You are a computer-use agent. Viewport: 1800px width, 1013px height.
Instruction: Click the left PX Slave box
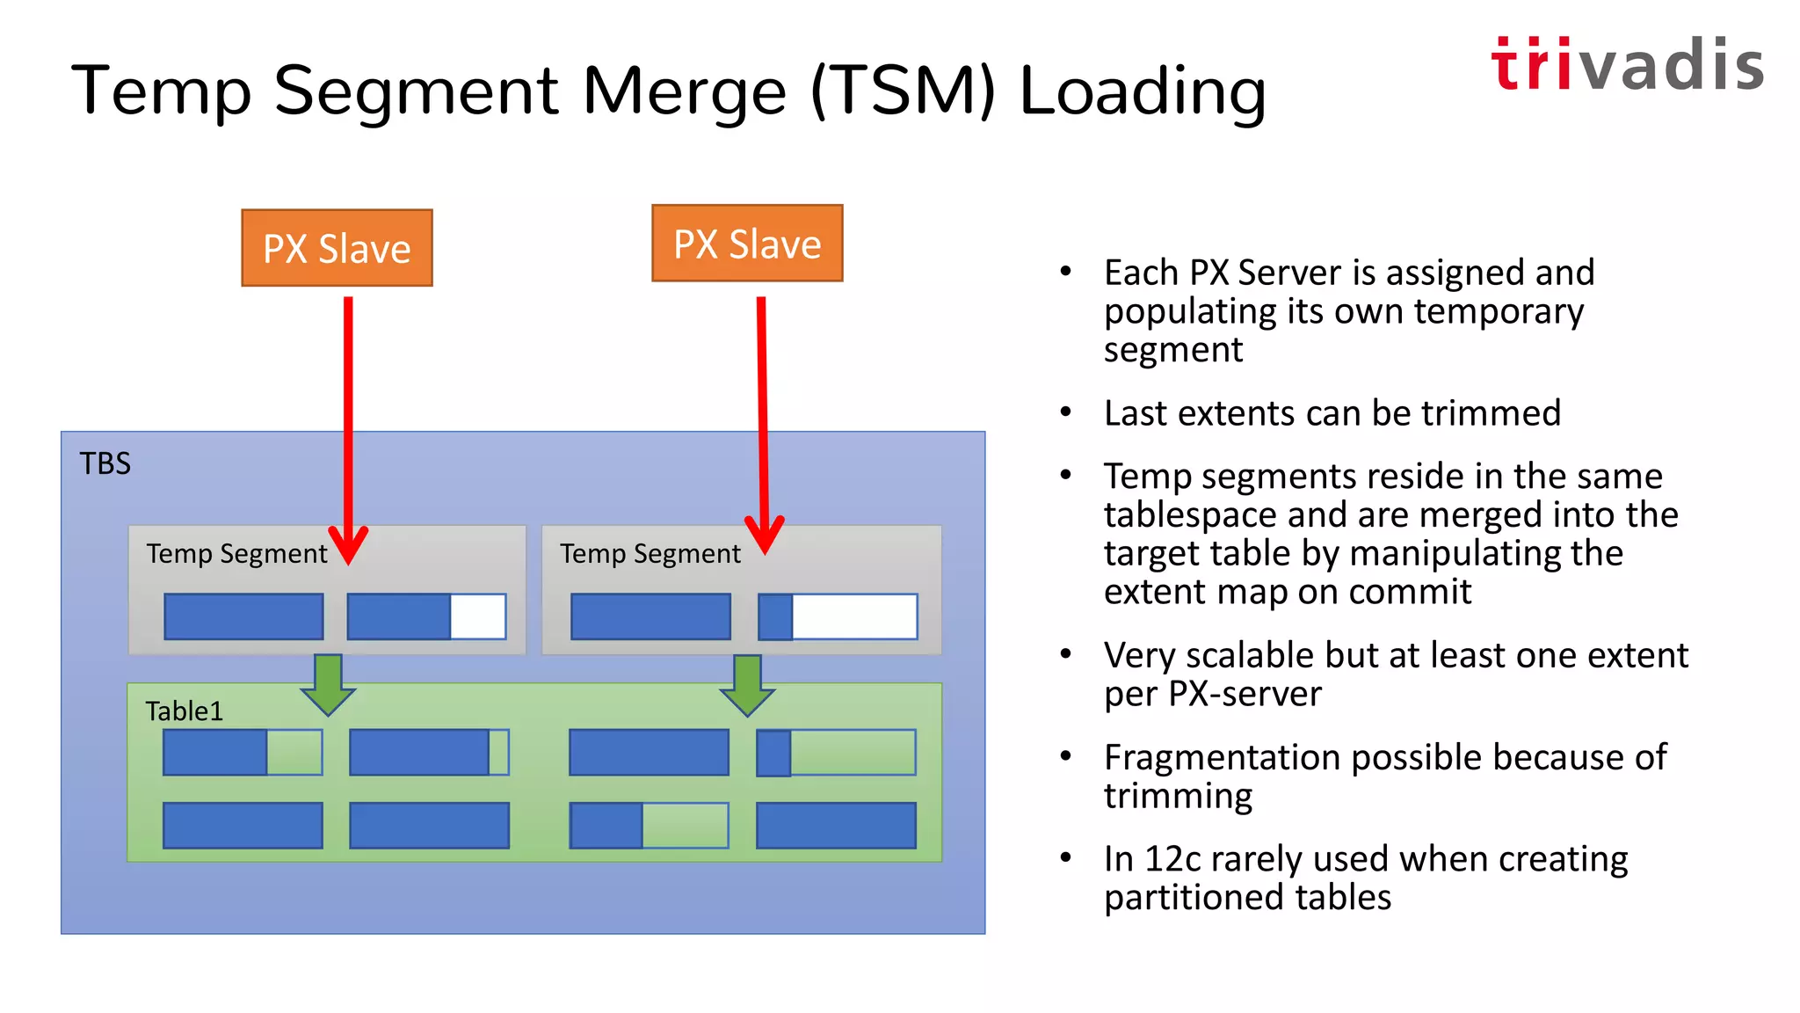click(337, 248)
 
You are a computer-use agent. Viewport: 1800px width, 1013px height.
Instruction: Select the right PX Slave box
click(747, 244)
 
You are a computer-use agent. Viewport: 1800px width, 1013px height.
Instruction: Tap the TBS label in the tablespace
click(105, 463)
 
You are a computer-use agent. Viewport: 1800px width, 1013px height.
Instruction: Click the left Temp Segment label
click(236, 554)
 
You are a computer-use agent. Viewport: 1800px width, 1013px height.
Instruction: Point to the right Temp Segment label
click(650, 554)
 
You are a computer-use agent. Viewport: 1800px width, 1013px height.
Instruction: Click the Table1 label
click(185, 711)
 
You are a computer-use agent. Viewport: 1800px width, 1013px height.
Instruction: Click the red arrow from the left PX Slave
click(348, 422)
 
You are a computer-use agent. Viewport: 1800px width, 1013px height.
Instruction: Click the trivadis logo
click(1627, 65)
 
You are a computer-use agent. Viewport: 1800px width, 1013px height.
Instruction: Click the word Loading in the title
click(1143, 91)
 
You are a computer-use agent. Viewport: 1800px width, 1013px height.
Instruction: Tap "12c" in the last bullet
click(1172, 859)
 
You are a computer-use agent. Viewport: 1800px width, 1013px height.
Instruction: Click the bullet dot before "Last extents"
click(1066, 412)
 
